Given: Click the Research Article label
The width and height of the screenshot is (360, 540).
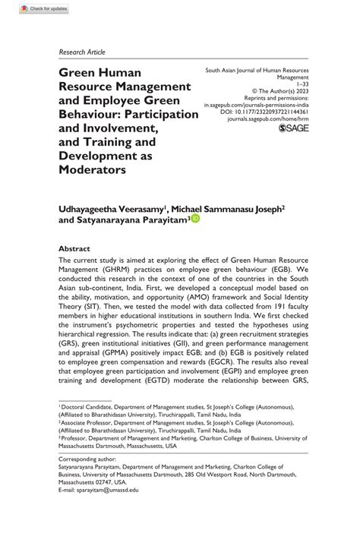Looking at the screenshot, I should click(x=82, y=52).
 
